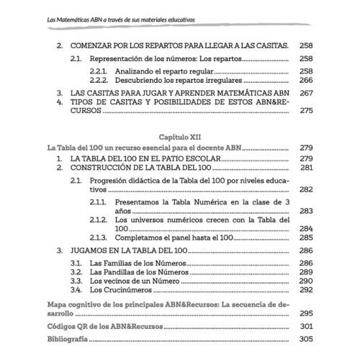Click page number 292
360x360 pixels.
[307, 289]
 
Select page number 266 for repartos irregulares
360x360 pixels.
[307, 81]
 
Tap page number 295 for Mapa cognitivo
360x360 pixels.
[307, 314]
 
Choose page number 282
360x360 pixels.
[307, 189]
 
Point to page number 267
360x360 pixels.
[307, 93]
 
